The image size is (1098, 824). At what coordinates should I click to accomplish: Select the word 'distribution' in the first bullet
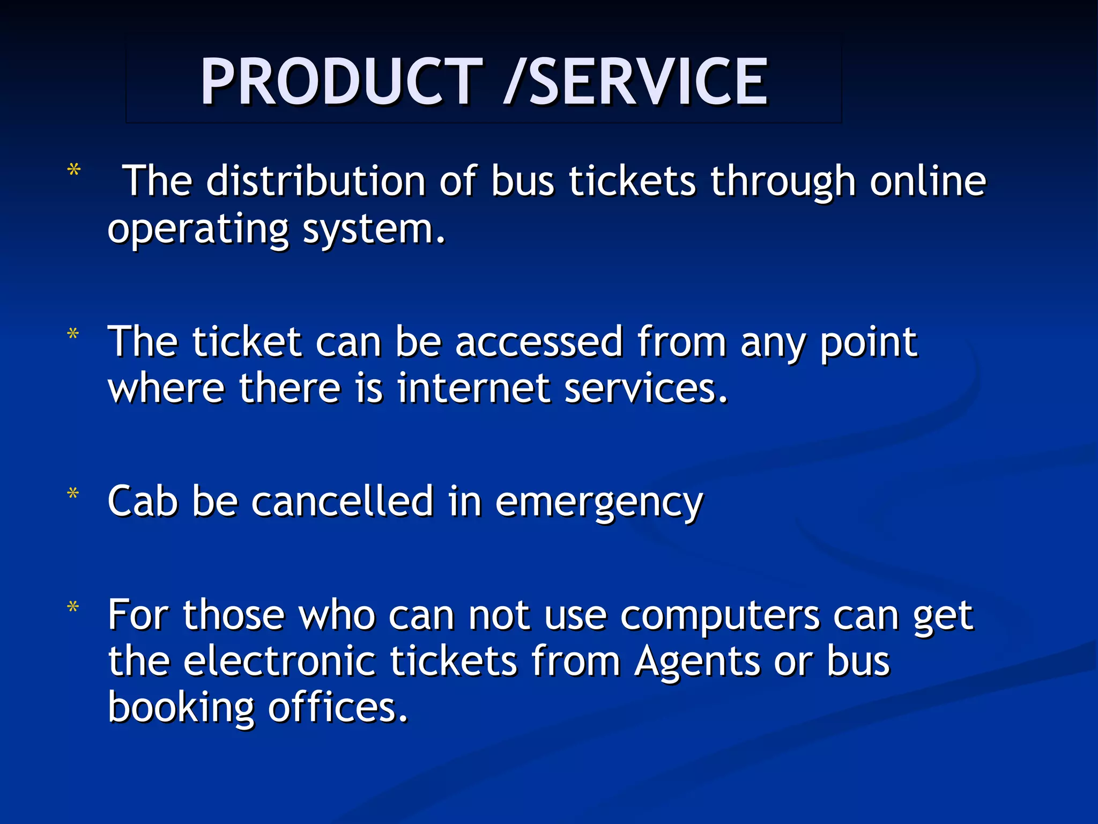316,181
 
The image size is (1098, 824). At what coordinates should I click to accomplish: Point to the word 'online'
928,181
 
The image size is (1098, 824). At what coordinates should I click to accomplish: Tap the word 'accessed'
539,342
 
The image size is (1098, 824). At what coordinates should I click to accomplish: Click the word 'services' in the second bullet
646,388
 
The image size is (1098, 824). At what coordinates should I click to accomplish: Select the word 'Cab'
143,501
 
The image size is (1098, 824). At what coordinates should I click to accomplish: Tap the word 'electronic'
279,662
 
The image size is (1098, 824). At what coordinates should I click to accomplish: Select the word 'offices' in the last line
338,708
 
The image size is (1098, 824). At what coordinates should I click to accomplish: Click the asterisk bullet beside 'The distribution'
74,171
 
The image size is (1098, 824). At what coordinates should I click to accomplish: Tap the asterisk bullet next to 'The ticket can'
73,334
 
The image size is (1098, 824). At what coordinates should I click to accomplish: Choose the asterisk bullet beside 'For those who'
73,607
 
